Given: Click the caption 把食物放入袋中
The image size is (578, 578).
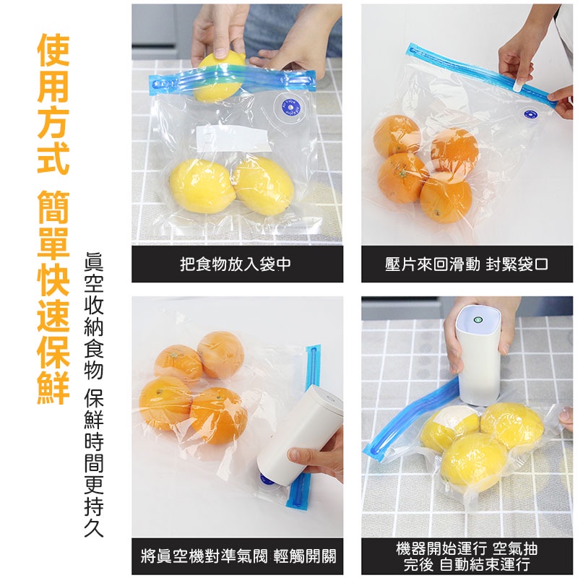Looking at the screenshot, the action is pyautogui.click(x=236, y=264).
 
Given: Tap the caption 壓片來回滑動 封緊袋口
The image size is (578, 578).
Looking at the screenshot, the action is pyautogui.click(x=466, y=264).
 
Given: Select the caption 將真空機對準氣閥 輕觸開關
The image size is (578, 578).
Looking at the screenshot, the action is pyautogui.click(x=238, y=556).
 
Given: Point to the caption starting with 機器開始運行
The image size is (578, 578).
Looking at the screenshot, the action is pyautogui.click(x=467, y=556).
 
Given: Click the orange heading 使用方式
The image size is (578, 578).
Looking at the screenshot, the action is pyautogui.click(x=53, y=103).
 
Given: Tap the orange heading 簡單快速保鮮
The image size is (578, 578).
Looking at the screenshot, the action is pyautogui.click(x=53, y=298).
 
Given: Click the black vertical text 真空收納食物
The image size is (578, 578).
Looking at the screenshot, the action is pyautogui.click(x=94, y=316).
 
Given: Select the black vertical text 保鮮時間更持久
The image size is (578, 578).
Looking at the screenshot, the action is pyautogui.click(x=94, y=463).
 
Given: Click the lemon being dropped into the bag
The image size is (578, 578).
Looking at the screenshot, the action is pyautogui.click(x=219, y=77).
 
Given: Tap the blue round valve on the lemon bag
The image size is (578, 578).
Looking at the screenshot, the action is pyautogui.click(x=290, y=108).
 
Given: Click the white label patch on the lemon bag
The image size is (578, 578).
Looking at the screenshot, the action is pyautogui.click(x=232, y=139).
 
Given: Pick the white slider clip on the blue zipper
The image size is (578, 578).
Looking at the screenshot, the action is pyautogui.click(x=519, y=85).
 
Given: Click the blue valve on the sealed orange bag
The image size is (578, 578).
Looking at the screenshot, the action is pyautogui.click(x=531, y=114).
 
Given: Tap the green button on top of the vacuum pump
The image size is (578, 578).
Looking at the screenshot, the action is pyautogui.click(x=478, y=319).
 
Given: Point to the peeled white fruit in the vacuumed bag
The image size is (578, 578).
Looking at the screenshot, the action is pyautogui.click(x=449, y=421).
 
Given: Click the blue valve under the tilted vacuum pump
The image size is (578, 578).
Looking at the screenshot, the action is pyautogui.click(x=267, y=480).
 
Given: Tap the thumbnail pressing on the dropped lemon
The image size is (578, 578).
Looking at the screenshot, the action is pyautogui.click(x=221, y=53).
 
